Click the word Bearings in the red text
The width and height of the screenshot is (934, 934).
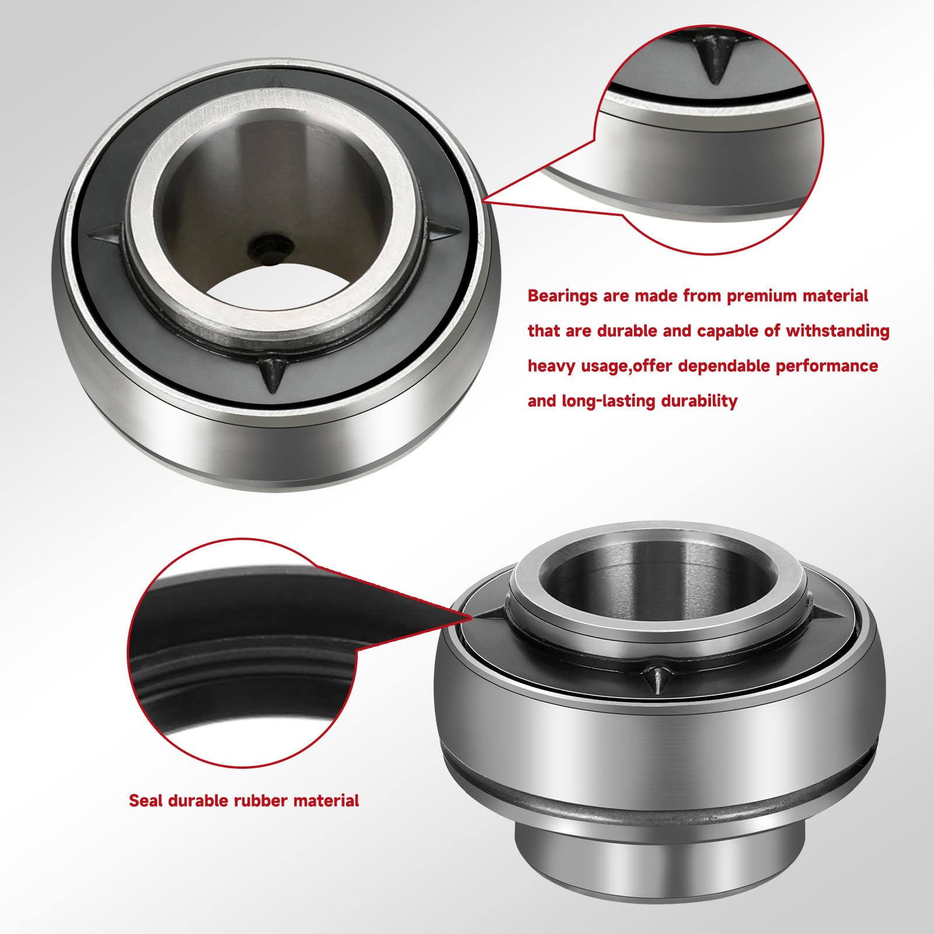pyautogui.click(x=563, y=296)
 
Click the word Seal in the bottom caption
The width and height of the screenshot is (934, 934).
pyautogui.click(x=145, y=800)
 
